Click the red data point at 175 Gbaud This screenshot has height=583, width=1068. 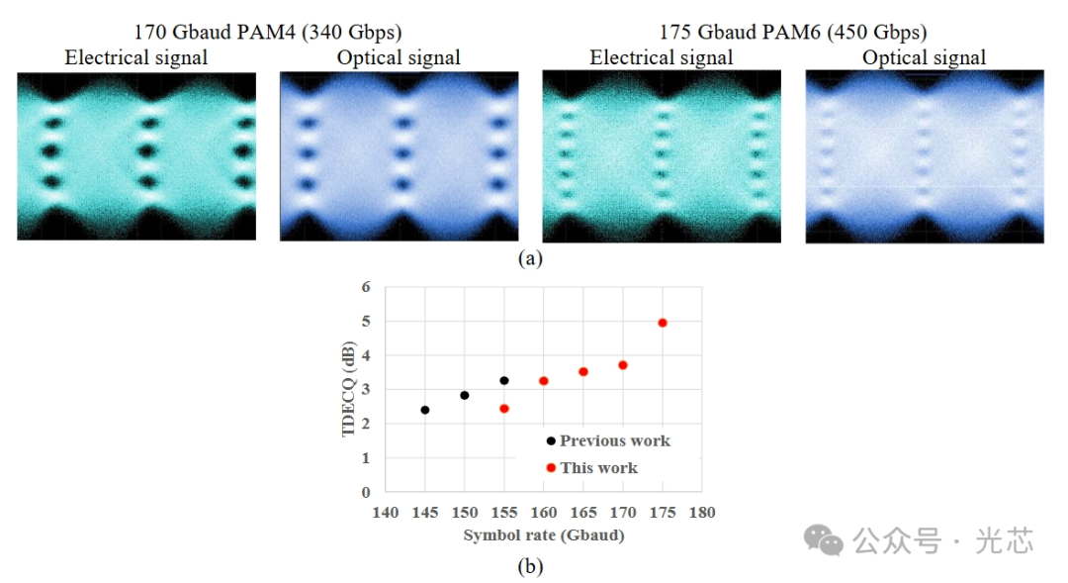click(663, 323)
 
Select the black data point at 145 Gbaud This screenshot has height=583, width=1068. click(425, 410)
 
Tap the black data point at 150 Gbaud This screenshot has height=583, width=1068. click(465, 395)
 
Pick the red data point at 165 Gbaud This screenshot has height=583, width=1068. click(583, 371)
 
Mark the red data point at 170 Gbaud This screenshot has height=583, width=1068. click(623, 365)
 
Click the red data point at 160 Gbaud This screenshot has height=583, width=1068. click(544, 381)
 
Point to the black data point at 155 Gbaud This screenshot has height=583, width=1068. click(504, 380)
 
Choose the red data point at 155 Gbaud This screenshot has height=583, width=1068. click(504, 409)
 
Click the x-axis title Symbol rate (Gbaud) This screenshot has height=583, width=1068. click(544, 534)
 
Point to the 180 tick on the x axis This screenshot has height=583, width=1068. click(702, 512)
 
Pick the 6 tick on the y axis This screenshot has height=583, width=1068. click(366, 287)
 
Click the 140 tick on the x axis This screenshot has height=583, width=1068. click(385, 512)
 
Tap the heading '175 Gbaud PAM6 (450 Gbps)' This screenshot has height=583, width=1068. click(791, 33)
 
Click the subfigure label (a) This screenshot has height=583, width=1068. click(531, 258)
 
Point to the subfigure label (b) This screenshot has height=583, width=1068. click(531, 567)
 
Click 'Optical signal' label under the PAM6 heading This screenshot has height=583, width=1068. click(924, 57)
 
